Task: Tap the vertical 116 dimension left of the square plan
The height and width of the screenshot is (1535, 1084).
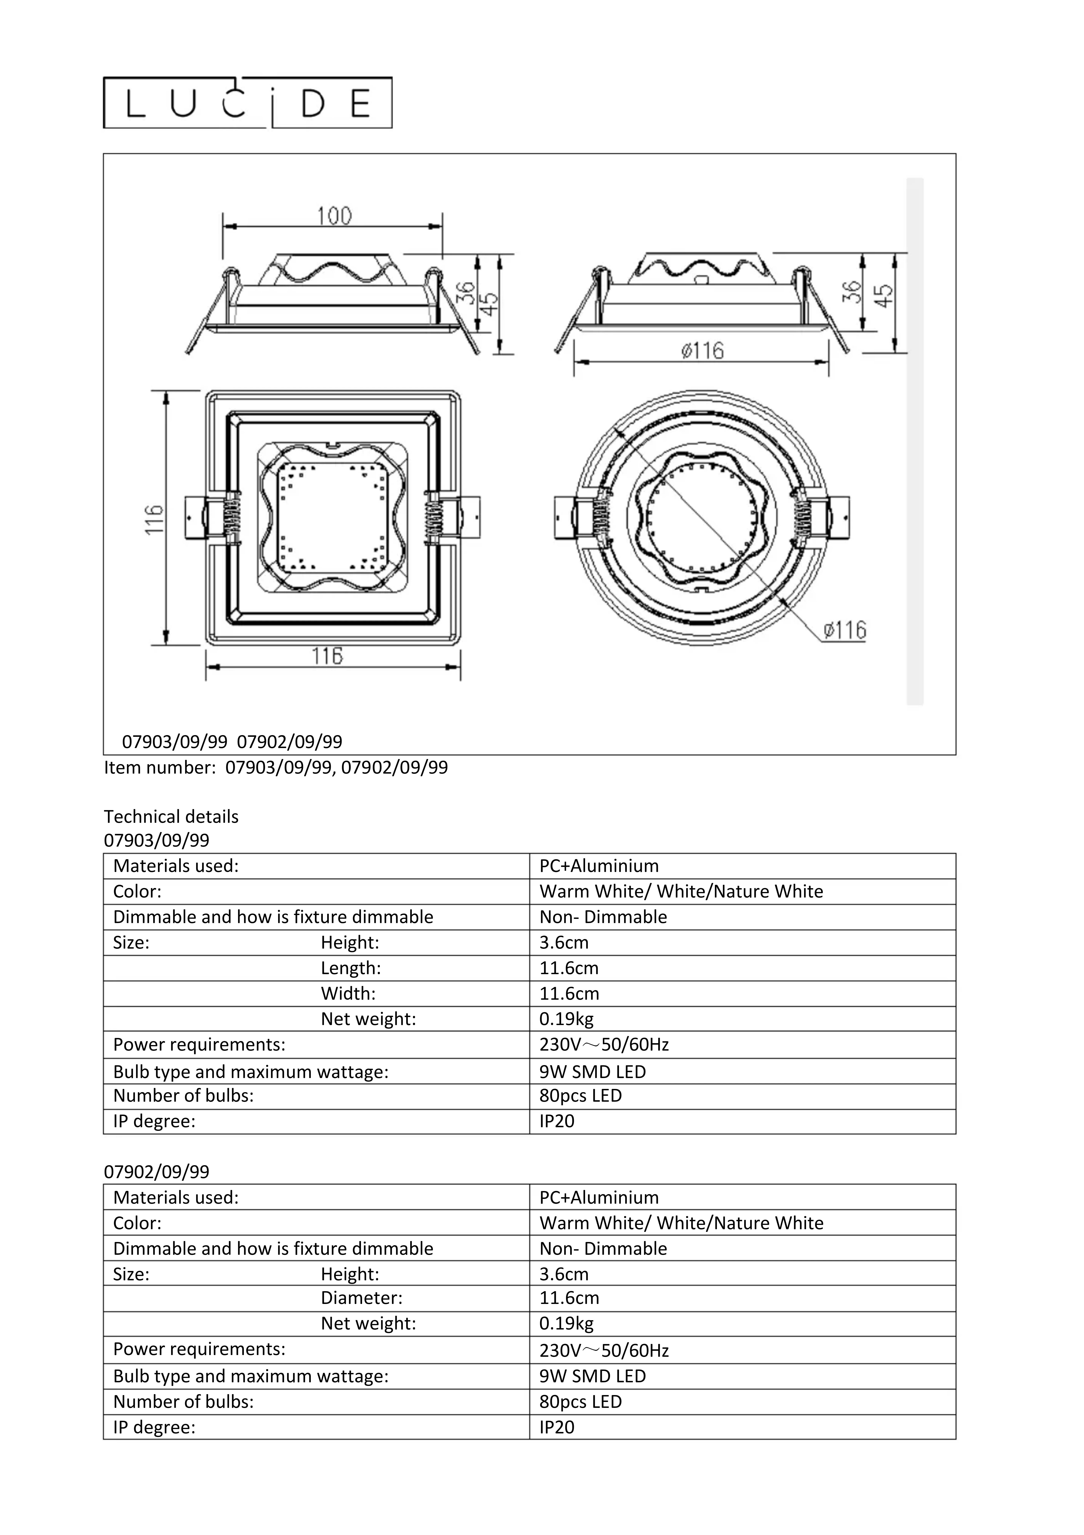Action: click(154, 519)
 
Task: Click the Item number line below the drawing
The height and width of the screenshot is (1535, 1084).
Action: click(275, 767)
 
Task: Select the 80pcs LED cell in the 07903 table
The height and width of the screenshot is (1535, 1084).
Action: click(580, 1096)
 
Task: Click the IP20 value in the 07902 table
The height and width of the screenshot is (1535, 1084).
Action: click(557, 1427)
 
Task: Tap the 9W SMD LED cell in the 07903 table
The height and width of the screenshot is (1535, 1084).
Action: click(592, 1072)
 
